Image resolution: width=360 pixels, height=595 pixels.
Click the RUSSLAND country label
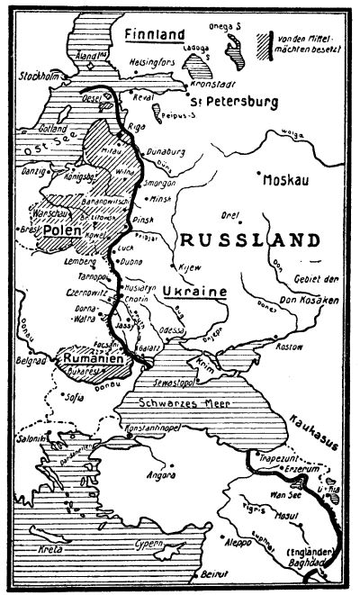[248, 240]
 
